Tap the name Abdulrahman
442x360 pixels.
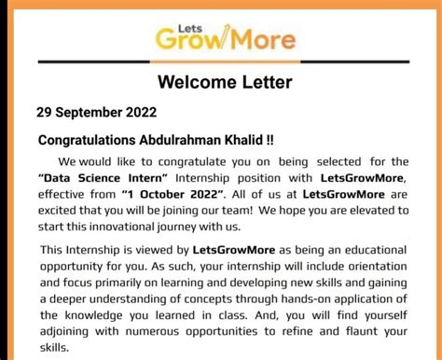(x=190, y=140)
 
